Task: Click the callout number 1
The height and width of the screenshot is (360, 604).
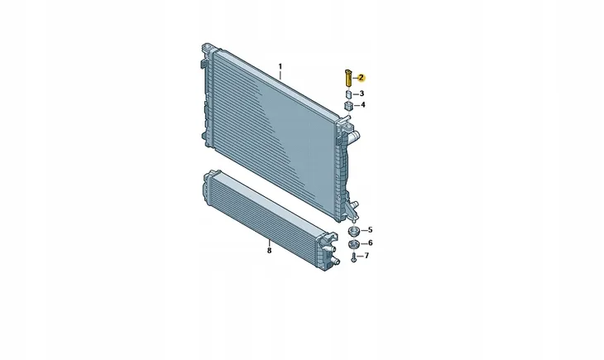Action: point(280,66)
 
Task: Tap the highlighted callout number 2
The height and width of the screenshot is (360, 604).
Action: point(361,78)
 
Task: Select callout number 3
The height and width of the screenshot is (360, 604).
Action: point(362,94)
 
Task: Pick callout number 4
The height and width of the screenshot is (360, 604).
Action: point(363,105)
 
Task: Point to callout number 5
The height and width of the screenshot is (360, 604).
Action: point(370,230)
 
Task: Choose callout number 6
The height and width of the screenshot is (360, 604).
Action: point(370,242)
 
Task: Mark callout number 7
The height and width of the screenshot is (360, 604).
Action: point(367,256)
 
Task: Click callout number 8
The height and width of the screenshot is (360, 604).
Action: point(269,251)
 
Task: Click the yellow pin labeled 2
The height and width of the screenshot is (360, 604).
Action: point(348,79)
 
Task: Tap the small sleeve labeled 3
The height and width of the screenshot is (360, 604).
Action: point(348,94)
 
